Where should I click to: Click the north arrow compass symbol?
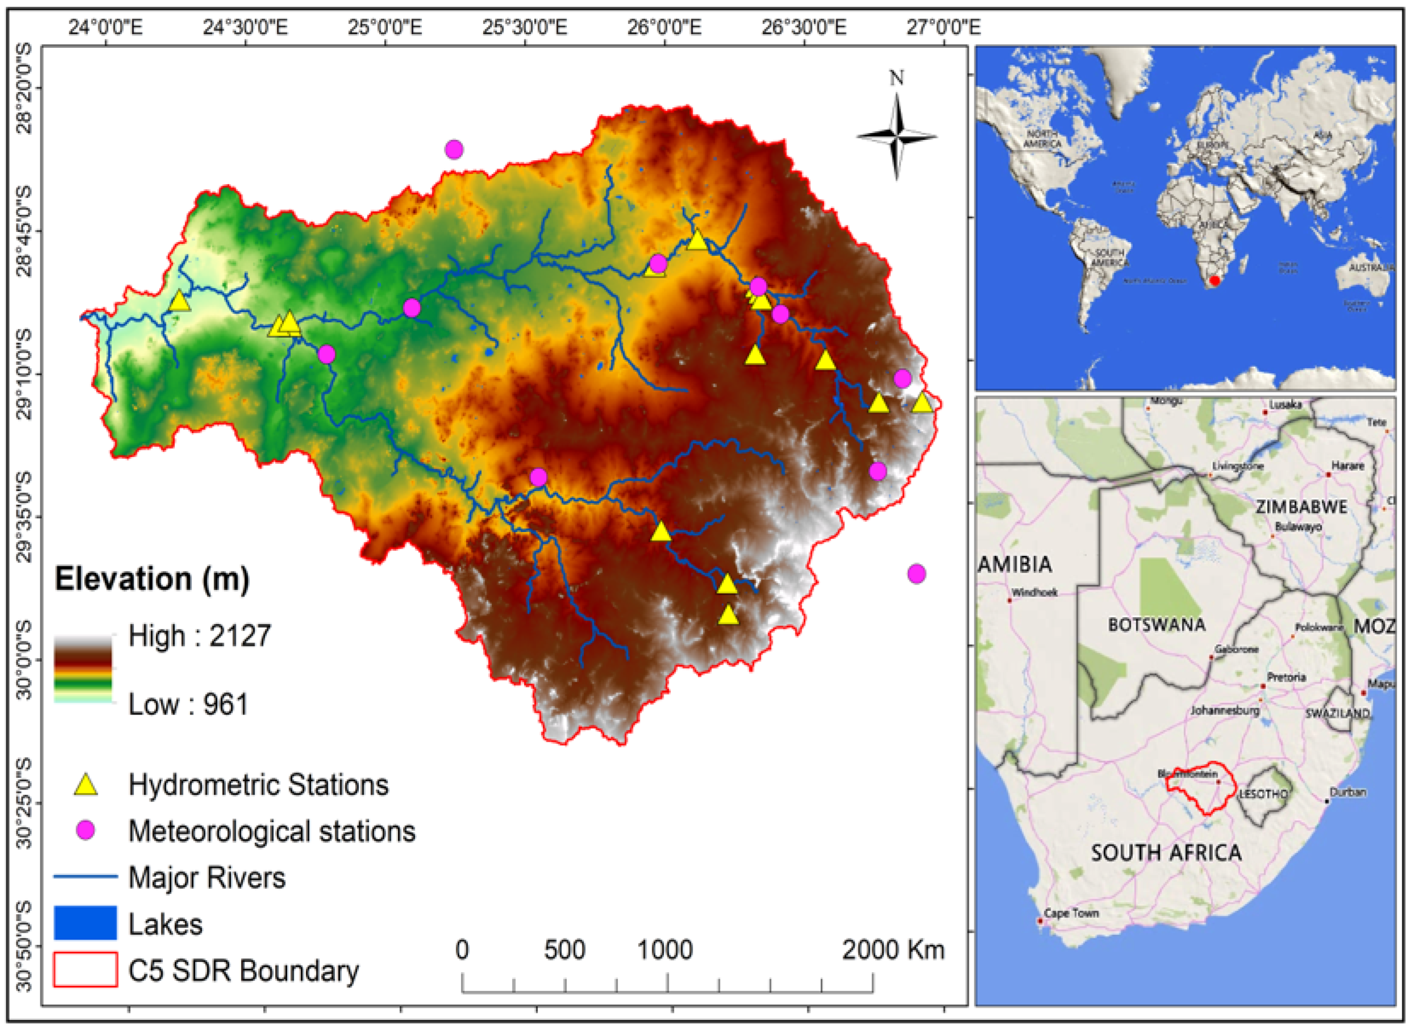pos(896,136)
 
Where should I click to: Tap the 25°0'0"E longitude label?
pos(385,27)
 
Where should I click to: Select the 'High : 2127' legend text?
pos(200,636)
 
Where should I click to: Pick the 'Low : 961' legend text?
pos(188,705)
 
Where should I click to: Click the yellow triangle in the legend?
pos(86,785)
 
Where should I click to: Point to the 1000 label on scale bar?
pos(665,950)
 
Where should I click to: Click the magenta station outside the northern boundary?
pos(454,150)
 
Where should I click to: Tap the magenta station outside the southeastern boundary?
pos(916,574)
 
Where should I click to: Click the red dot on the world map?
pos(1214,281)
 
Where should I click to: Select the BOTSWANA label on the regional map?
pos(1157,625)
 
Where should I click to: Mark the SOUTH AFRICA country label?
pos(1166,852)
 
